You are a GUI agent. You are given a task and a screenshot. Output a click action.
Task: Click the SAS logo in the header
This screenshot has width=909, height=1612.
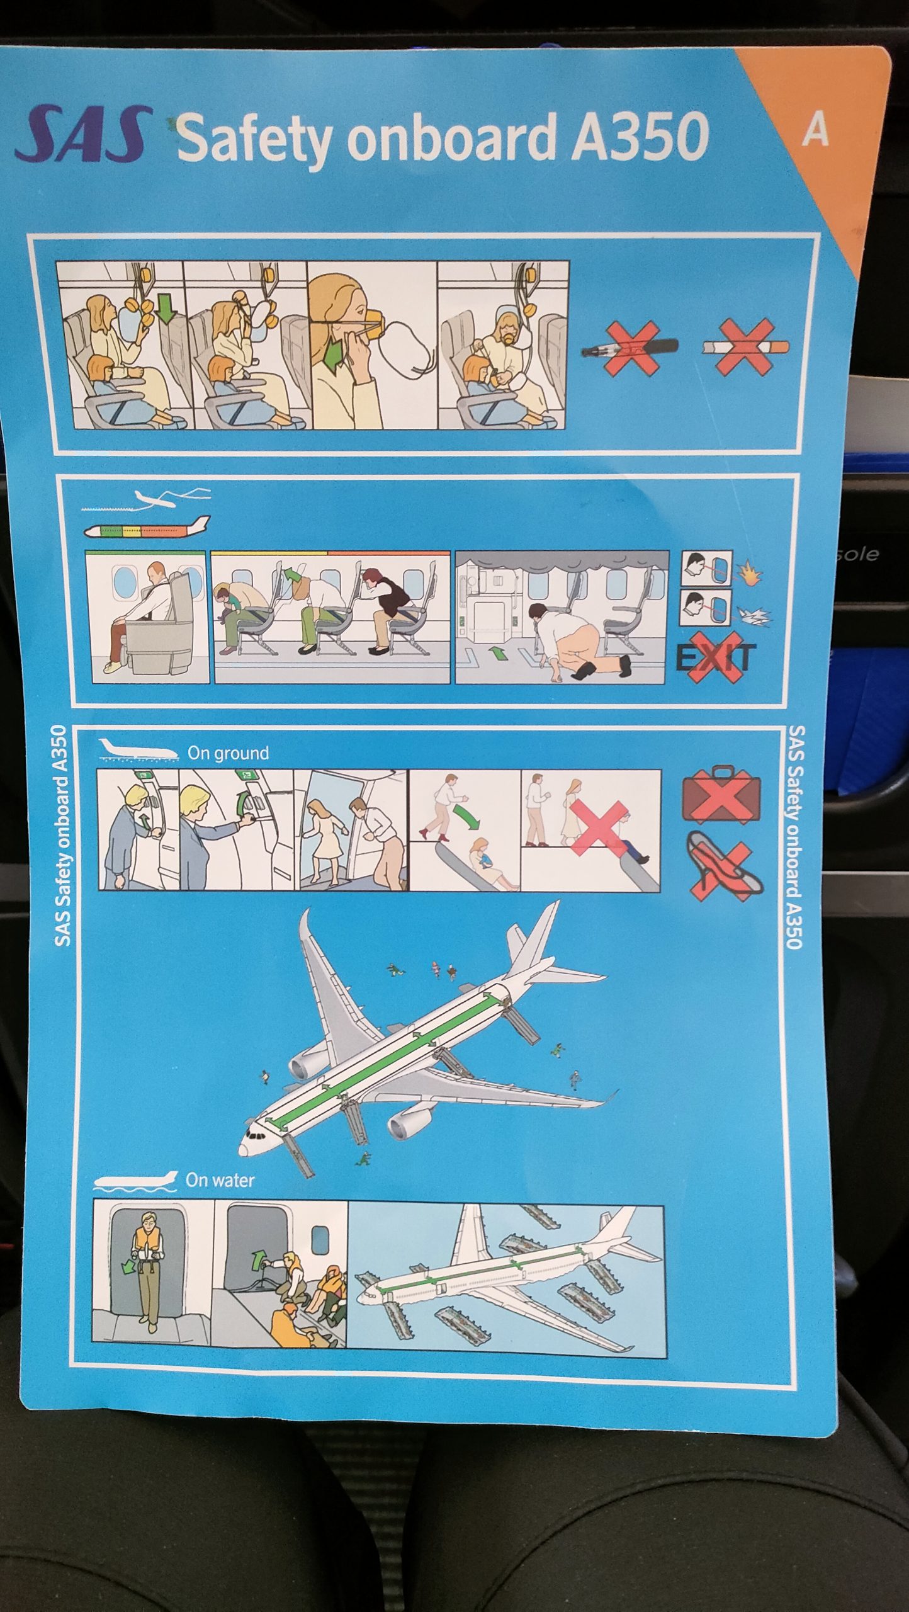pos(84,133)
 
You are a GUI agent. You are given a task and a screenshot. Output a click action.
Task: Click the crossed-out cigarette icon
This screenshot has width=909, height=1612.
pos(745,346)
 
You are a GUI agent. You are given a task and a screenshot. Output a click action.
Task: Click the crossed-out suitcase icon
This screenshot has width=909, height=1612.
pos(721,795)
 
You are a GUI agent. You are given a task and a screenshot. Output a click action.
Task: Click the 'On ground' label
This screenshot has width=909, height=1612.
pos(228,753)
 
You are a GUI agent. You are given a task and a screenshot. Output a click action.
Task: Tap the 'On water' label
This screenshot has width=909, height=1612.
pos(220,1180)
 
